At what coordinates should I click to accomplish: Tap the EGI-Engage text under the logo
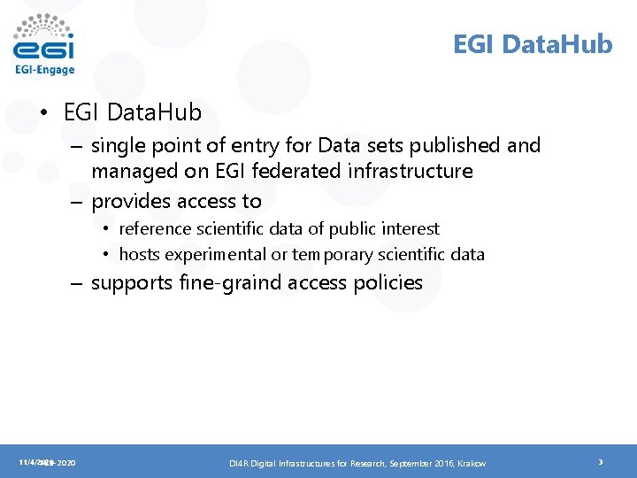coord(44,70)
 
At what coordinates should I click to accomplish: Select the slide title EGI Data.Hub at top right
coord(533,44)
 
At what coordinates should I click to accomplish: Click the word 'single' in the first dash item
coord(118,145)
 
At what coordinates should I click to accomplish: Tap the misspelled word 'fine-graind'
coord(233,283)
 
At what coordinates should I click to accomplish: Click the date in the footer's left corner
coord(46,462)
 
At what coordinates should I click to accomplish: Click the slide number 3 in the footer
coord(600,462)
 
